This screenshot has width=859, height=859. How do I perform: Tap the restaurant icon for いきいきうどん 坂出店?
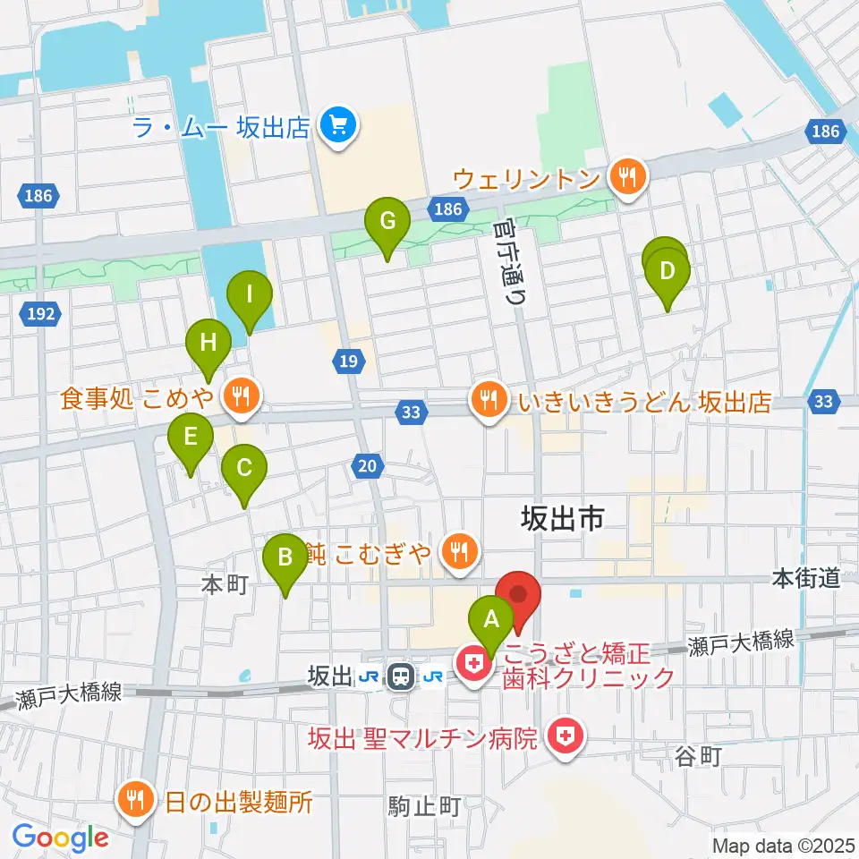click(x=488, y=398)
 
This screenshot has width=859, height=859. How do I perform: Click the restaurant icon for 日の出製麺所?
click(x=135, y=798)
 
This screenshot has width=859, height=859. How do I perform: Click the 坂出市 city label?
click(x=564, y=517)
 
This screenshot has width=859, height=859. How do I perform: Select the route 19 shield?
click(x=348, y=361)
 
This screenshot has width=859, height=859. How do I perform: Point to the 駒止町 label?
click(x=424, y=806)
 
